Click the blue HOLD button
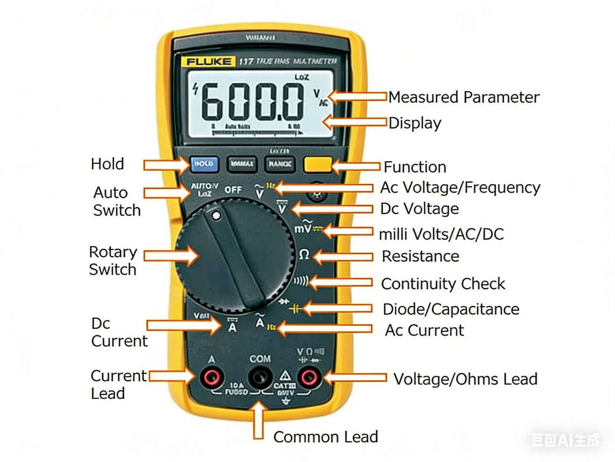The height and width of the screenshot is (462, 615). pyautogui.click(x=204, y=164)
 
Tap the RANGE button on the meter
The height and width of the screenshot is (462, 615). pyautogui.click(x=280, y=164)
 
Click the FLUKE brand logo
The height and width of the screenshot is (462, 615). pyautogui.click(x=209, y=62)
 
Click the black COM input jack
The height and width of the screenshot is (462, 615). pyautogui.click(x=260, y=377)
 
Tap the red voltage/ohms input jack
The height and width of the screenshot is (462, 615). pyautogui.click(x=309, y=377)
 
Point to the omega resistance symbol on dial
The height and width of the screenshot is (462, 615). pyautogui.click(x=304, y=255)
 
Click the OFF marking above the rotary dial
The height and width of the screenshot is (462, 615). pyautogui.click(x=233, y=190)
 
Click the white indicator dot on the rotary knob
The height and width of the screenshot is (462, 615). pyautogui.click(x=216, y=215)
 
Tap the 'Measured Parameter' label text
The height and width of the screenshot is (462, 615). pyautogui.click(x=464, y=97)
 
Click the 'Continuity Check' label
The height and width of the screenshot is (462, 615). pyautogui.click(x=443, y=284)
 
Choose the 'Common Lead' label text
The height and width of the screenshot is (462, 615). pyautogui.click(x=326, y=437)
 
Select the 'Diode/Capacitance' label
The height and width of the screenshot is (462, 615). pyautogui.click(x=451, y=309)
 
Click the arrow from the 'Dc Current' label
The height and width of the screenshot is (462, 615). pyautogui.click(x=184, y=325)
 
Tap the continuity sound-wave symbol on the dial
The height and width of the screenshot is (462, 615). pyautogui.click(x=301, y=281)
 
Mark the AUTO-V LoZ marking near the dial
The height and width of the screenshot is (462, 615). pyautogui.click(x=204, y=189)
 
